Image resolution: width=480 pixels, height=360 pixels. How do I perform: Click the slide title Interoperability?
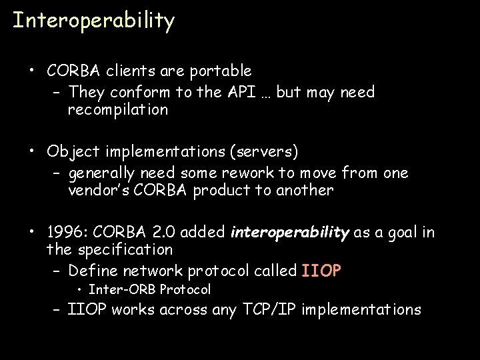pos(93,21)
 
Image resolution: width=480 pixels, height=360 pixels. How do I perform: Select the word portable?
pos(220,71)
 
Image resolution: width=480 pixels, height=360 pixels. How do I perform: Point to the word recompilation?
pos(118,110)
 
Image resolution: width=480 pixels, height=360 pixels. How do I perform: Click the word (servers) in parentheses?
pos(263,151)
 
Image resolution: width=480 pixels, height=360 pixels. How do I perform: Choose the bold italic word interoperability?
pos(289,233)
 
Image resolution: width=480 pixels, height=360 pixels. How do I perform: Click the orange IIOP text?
pos(321,271)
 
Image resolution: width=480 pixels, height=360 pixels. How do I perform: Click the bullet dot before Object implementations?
pos(31,151)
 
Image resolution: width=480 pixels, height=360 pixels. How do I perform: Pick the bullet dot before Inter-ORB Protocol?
pos(79,289)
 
